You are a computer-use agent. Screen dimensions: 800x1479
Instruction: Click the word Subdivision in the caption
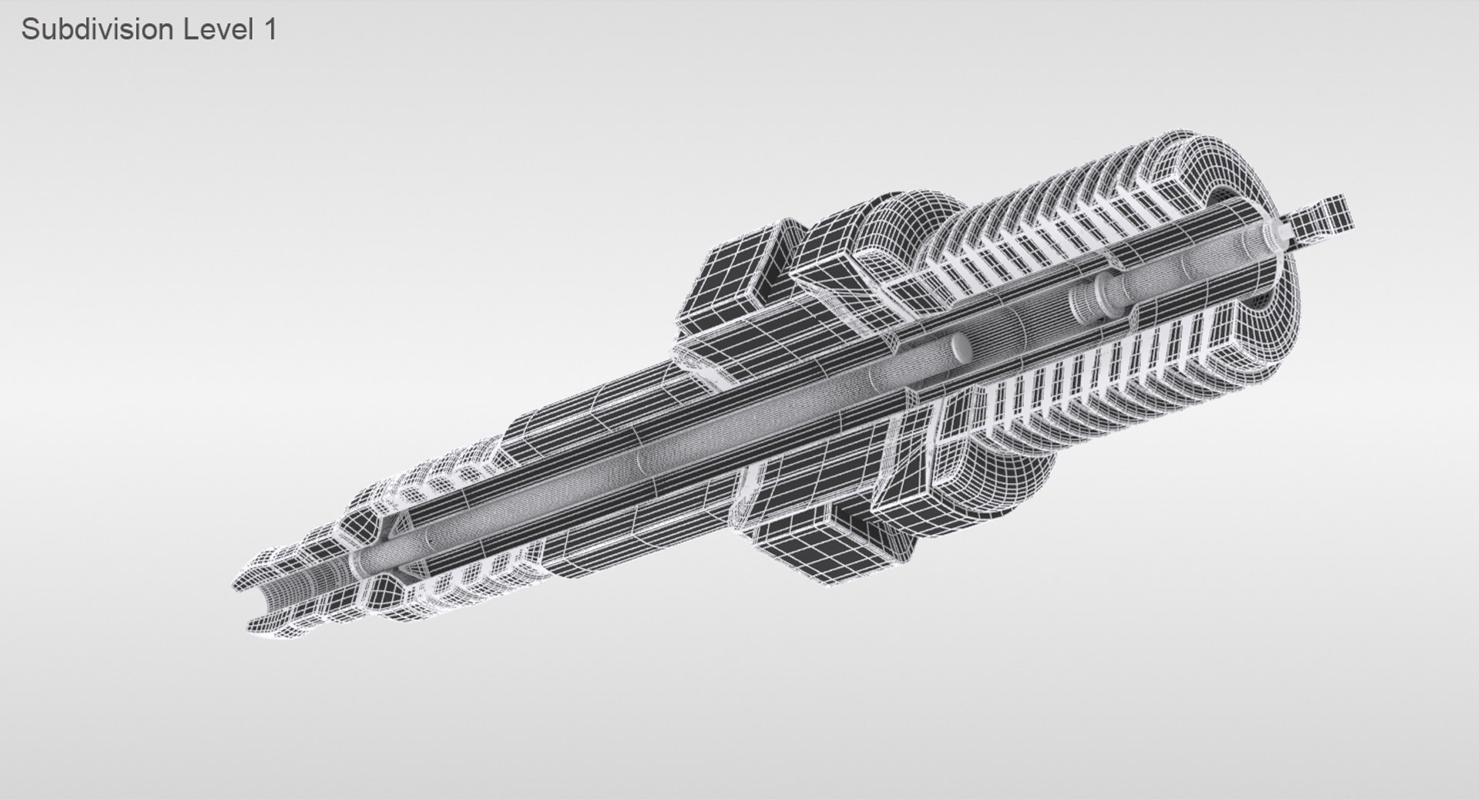96,30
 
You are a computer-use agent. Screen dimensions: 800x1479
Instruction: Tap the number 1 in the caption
269,30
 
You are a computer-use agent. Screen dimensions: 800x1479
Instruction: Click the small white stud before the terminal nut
1279,232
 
